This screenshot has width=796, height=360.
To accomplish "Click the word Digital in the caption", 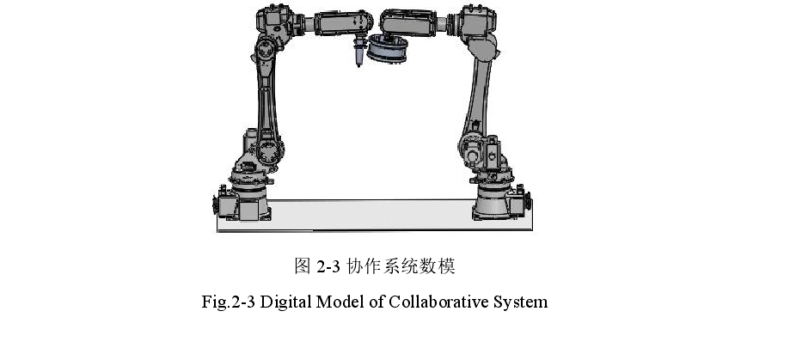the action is pyautogui.click(x=286, y=302).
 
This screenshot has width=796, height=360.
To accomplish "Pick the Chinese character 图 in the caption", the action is pyautogui.click(x=303, y=266).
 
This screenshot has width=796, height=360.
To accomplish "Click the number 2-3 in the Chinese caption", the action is pyautogui.click(x=328, y=266).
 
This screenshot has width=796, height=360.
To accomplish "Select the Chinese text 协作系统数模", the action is pyautogui.click(x=401, y=266).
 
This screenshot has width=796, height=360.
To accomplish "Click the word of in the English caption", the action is pyautogui.click(x=377, y=302).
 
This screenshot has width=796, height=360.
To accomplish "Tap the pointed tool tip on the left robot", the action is pyautogui.click(x=359, y=64).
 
